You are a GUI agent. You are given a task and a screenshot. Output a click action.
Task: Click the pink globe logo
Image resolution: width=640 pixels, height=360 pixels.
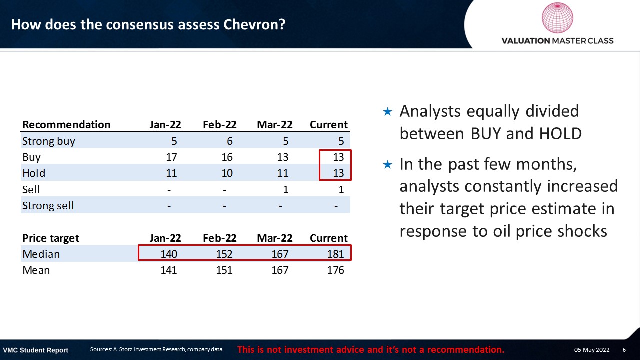(x=557, y=18)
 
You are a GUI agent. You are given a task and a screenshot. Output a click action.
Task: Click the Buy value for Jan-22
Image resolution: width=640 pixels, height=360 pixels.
(x=171, y=157)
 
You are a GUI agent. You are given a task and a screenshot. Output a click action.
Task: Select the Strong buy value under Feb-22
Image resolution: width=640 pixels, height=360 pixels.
(x=229, y=141)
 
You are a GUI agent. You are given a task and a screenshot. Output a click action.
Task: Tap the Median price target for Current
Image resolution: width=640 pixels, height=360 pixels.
(x=335, y=254)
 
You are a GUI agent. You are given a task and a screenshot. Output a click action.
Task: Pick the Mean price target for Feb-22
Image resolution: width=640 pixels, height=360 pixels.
(x=224, y=270)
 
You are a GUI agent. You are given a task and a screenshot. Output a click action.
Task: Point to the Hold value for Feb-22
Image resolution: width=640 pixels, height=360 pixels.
(x=227, y=173)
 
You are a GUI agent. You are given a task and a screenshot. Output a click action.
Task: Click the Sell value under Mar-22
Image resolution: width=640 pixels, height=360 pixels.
(x=285, y=190)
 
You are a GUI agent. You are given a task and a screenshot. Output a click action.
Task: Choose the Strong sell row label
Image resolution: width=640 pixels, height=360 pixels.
(x=48, y=206)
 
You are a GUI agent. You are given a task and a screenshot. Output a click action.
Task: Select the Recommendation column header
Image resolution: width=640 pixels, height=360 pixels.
(x=66, y=125)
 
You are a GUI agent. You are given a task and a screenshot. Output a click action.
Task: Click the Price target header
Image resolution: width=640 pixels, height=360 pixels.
(x=51, y=238)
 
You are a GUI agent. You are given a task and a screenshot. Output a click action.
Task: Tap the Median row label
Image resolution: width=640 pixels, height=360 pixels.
(x=41, y=254)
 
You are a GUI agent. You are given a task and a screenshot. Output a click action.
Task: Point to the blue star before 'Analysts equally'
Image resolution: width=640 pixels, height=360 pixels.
(x=387, y=111)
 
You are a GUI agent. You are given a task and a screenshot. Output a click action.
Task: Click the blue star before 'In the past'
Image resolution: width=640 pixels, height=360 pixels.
(x=387, y=164)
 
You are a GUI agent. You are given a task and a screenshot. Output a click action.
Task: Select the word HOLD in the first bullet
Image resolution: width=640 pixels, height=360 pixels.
(x=561, y=133)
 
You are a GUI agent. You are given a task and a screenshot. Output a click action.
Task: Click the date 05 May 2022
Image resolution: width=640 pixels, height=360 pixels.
(x=592, y=350)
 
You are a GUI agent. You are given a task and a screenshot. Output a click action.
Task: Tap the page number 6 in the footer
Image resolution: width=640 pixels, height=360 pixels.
(x=624, y=350)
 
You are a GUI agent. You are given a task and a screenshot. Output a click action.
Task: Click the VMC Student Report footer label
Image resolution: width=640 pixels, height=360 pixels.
(x=35, y=350)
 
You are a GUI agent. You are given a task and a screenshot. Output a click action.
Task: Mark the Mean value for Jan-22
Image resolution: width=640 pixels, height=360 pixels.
(x=169, y=270)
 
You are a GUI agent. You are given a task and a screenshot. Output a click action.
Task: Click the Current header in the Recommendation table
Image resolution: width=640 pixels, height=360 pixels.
(x=329, y=125)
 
